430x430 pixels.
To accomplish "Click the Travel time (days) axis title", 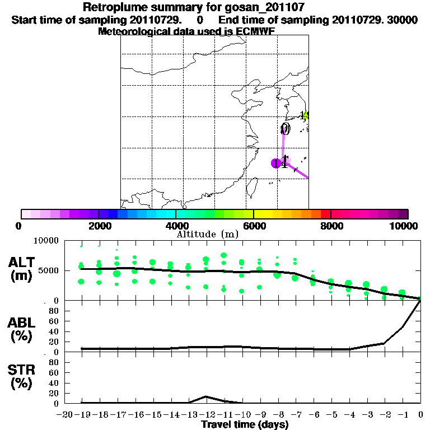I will [245, 424].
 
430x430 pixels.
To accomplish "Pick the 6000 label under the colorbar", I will [254, 226].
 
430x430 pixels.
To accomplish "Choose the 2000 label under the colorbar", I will [98, 226].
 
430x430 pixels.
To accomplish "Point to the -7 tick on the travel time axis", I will [295, 414].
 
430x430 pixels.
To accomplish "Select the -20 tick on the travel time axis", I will [64, 414].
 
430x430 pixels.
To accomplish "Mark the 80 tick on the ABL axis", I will [54, 311].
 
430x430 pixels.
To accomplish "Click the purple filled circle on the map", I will [275, 163].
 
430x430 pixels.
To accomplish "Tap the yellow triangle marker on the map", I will [305, 115].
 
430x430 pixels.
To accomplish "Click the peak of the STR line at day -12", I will [206, 396].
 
